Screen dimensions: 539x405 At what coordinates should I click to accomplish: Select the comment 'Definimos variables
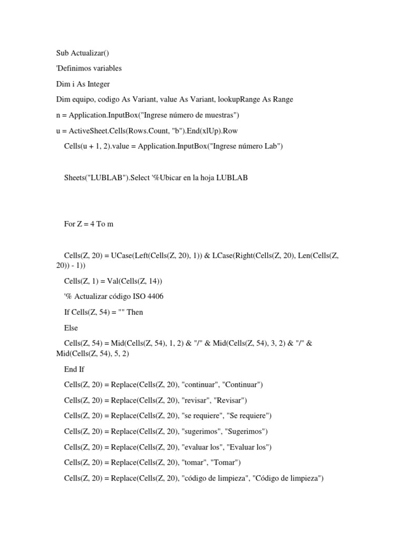pos(89,68)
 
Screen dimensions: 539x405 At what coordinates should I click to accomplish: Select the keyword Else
pos(71,328)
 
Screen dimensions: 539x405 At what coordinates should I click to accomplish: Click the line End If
pos(74,369)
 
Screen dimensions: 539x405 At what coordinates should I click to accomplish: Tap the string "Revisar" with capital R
pos(228,400)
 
